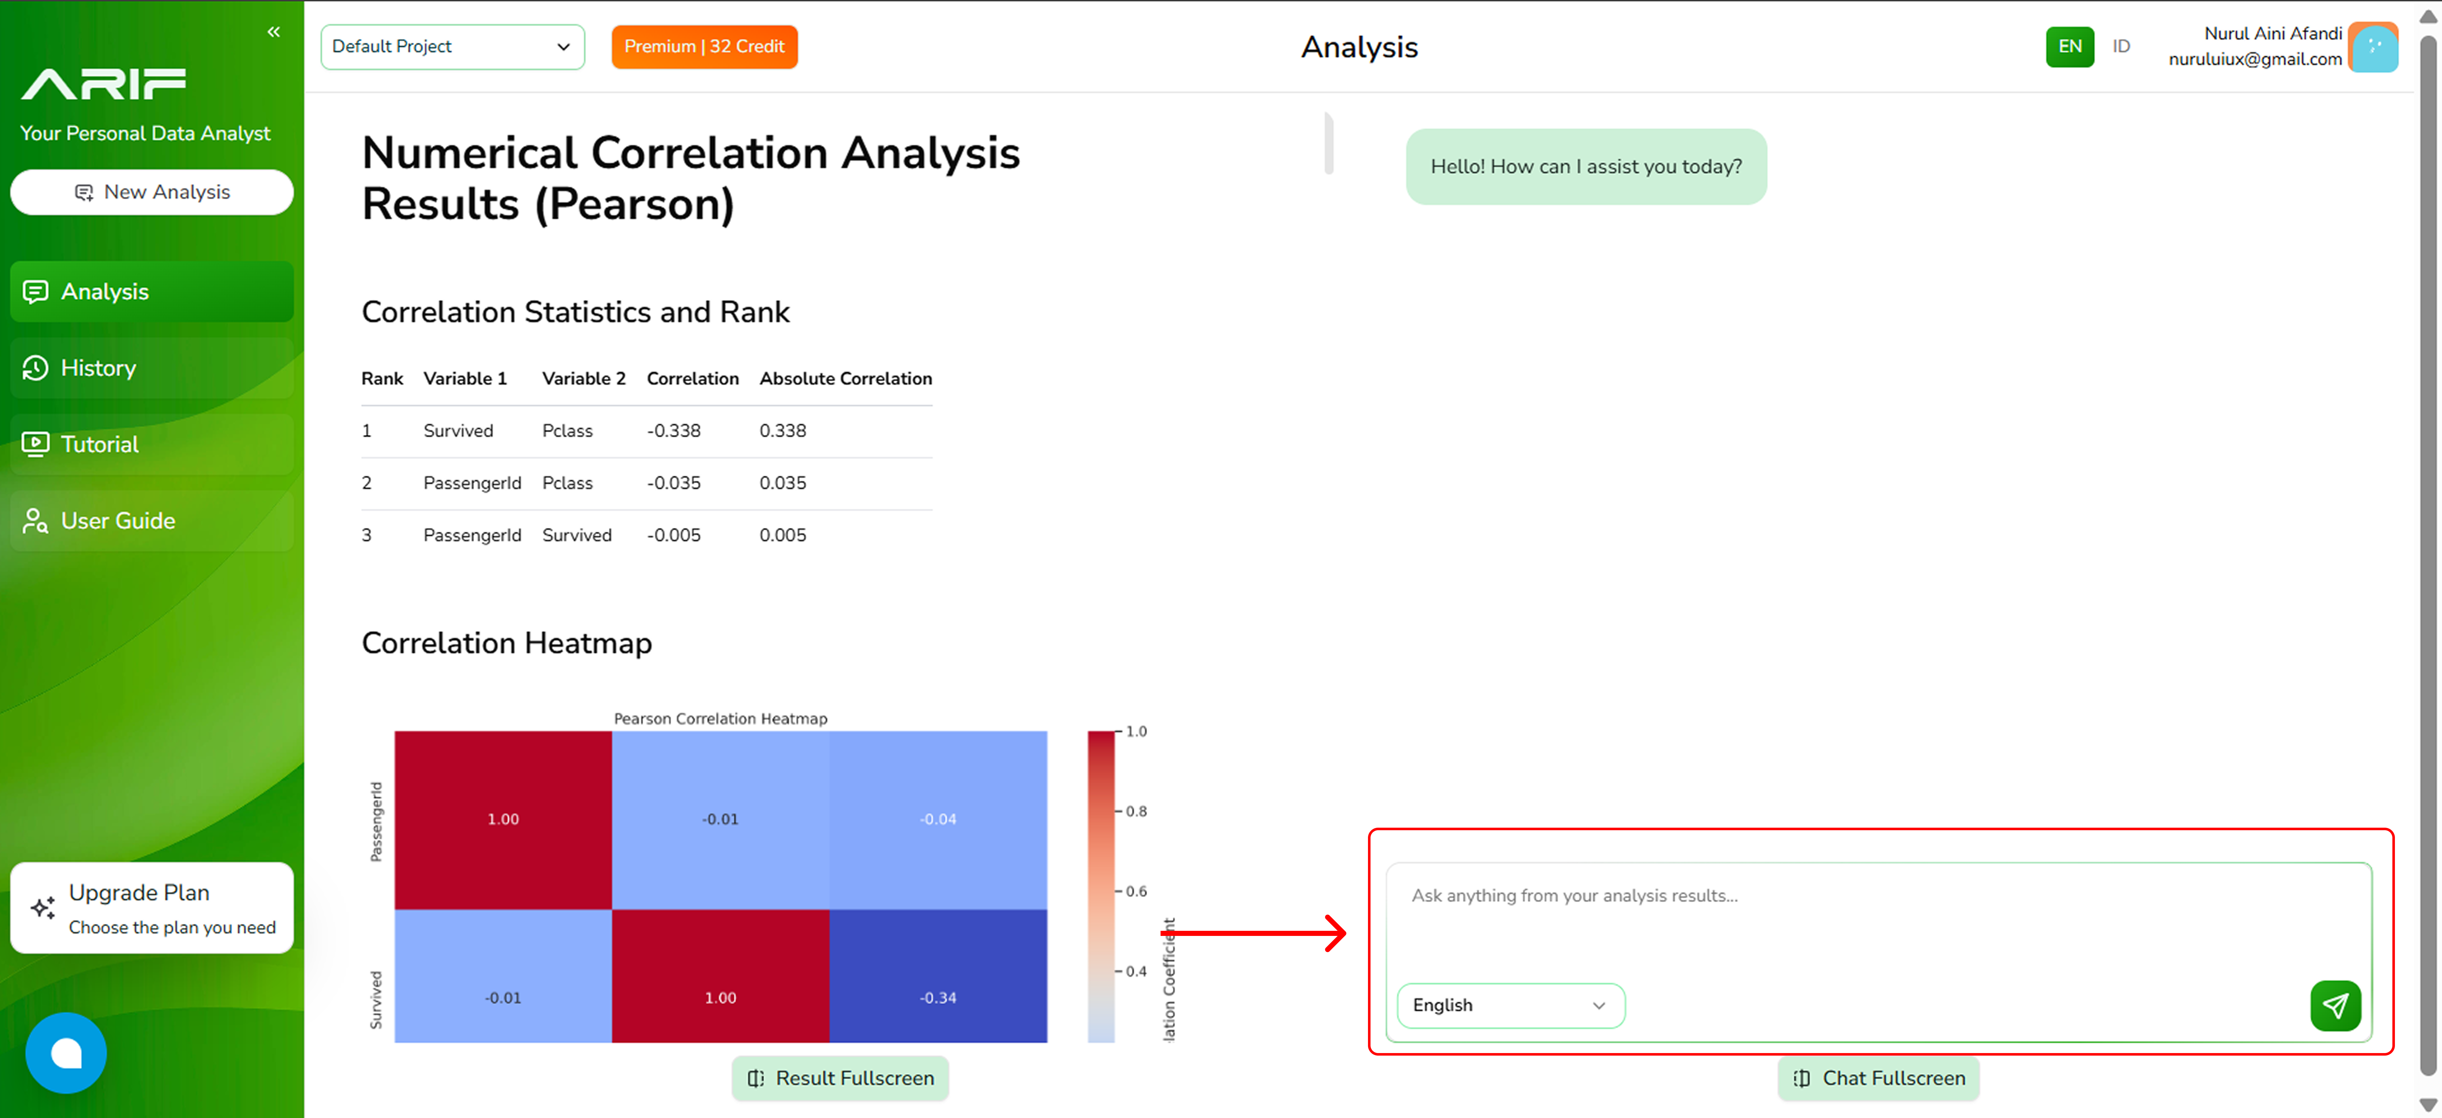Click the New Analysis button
coord(152,192)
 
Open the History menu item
coord(152,368)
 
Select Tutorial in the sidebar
coord(152,444)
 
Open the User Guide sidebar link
coord(152,520)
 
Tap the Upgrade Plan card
coord(152,908)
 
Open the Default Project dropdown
coord(452,46)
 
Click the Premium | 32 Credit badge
coord(704,46)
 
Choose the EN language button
coord(2069,46)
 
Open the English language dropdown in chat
coord(1510,1005)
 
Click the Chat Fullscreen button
coord(1878,1078)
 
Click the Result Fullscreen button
coord(840,1078)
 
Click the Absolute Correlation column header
coord(846,379)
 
